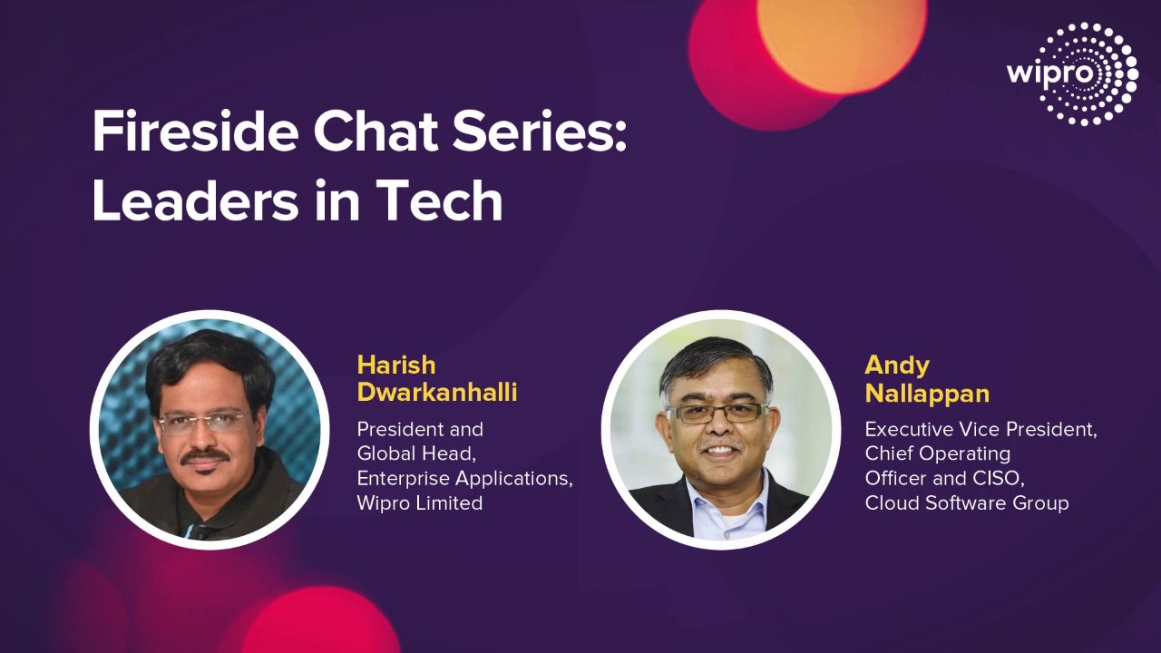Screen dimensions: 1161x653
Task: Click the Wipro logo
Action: point(1072,73)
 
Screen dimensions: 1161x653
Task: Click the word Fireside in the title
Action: point(195,132)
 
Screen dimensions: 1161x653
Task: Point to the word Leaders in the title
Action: point(195,201)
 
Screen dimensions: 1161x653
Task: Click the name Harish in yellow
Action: point(396,365)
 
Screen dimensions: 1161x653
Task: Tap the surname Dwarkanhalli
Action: point(437,393)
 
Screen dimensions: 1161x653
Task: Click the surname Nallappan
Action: point(927,394)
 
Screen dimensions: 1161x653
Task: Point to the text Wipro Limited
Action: point(420,502)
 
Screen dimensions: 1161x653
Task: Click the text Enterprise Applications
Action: point(464,479)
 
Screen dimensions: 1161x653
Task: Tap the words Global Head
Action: point(415,454)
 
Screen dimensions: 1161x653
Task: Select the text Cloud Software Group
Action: point(967,503)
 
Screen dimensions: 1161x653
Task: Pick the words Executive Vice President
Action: point(981,430)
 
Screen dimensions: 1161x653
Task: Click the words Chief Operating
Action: point(938,454)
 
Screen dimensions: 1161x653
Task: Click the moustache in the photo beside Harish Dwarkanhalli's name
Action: point(205,456)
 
